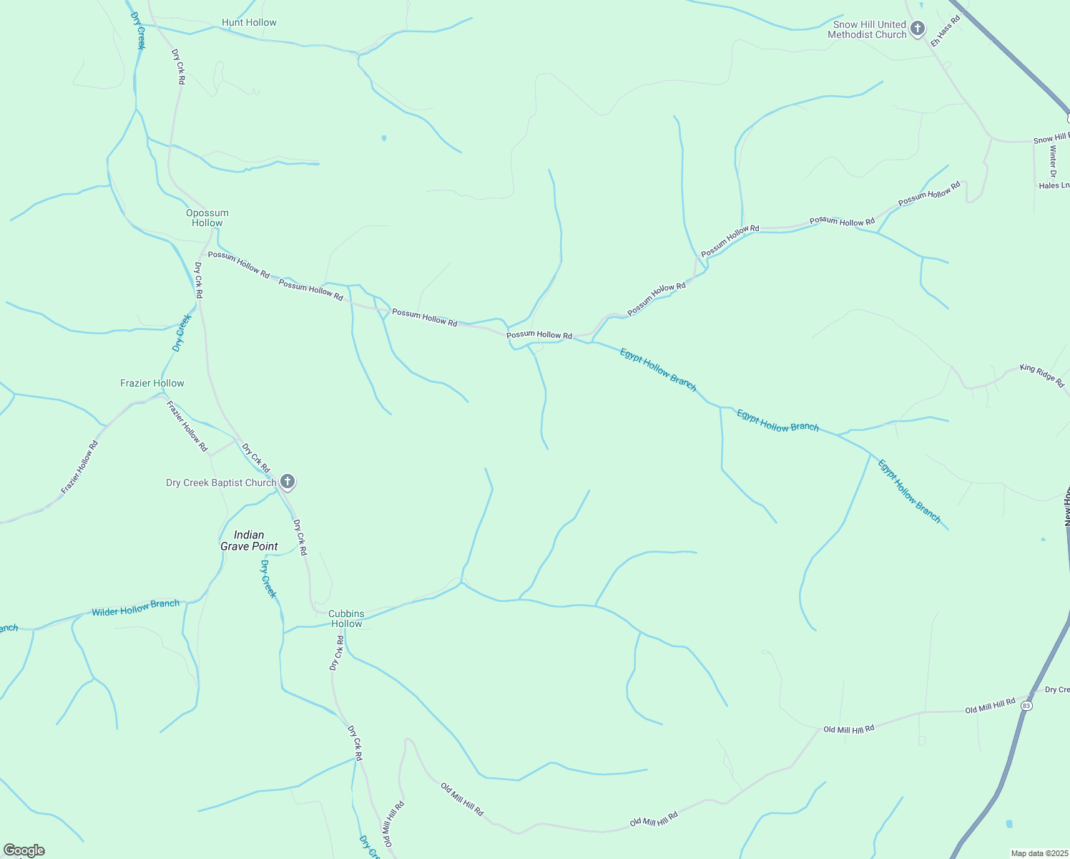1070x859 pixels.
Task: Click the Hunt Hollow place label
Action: coord(249,22)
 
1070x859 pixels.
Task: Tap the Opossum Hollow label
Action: coord(207,218)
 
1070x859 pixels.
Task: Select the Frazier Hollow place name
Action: coord(152,383)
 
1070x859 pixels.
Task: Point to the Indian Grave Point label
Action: coord(249,540)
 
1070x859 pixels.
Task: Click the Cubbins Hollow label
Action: coord(346,618)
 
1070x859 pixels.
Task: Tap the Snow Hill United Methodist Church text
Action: coord(867,29)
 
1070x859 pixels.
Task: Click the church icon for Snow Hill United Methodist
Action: coord(918,29)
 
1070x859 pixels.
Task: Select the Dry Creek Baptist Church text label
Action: coord(221,482)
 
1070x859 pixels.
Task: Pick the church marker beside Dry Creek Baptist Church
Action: coord(288,482)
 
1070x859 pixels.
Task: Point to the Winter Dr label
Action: coord(1053,161)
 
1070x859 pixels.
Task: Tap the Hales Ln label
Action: coord(1054,185)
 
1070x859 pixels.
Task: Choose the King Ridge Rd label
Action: coord(1042,376)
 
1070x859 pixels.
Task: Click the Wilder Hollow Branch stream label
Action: coord(135,608)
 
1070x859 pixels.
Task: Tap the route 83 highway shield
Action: coord(1027,706)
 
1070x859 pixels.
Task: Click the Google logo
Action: coord(24,850)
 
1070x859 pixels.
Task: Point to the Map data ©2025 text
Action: coord(1039,853)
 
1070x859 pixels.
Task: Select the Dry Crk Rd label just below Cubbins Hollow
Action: coord(337,654)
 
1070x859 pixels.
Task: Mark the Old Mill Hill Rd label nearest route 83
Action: coord(990,707)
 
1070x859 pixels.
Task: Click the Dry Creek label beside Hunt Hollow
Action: coord(137,30)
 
